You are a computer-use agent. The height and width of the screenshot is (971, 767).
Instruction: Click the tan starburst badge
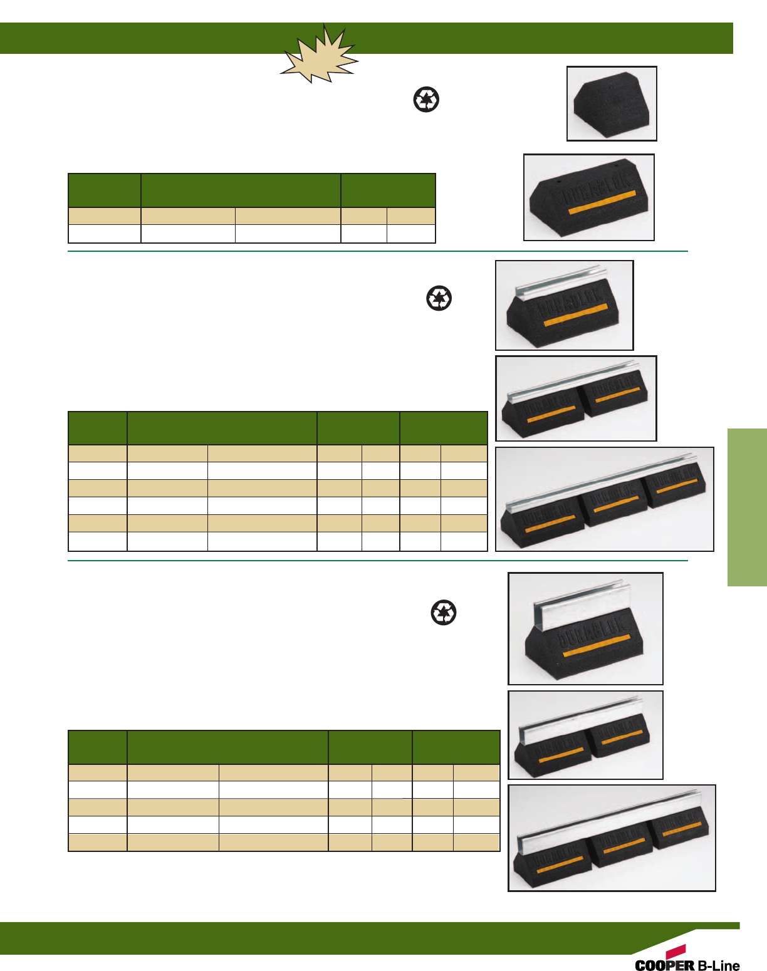pyautogui.click(x=320, y=55)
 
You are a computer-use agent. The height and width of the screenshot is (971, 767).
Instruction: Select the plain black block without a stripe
pyautogui.click(x=610, y=105)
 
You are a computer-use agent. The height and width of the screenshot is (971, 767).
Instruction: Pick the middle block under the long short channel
pyautogui.click(x=614, y=504)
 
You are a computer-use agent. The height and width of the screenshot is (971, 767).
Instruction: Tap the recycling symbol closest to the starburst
pyautogui.click(x=426, y=100)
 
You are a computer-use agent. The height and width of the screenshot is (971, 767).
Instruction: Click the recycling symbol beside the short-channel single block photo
pyautogui.click(x=439, y=298)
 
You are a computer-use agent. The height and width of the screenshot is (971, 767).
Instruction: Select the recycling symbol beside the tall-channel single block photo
pyautogui.click(x=444, y=612)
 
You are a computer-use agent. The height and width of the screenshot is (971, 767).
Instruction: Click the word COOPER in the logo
pyautogui.click(x=664, y=965)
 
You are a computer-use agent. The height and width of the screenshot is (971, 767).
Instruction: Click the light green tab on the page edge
pyautogui.click(x=747, y=507)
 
